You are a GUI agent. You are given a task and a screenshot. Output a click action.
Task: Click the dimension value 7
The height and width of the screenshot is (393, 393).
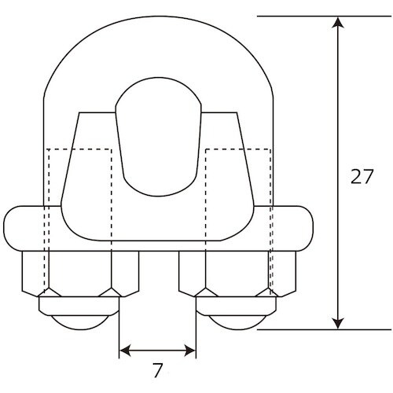click(157, 368)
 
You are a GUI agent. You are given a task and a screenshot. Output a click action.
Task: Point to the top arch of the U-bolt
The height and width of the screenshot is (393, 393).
click(156, 39)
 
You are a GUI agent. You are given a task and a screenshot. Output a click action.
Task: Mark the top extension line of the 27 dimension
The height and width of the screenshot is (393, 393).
click(299, 16)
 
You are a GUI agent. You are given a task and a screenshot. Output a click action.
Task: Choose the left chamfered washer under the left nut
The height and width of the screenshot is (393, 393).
click(79, 299)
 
